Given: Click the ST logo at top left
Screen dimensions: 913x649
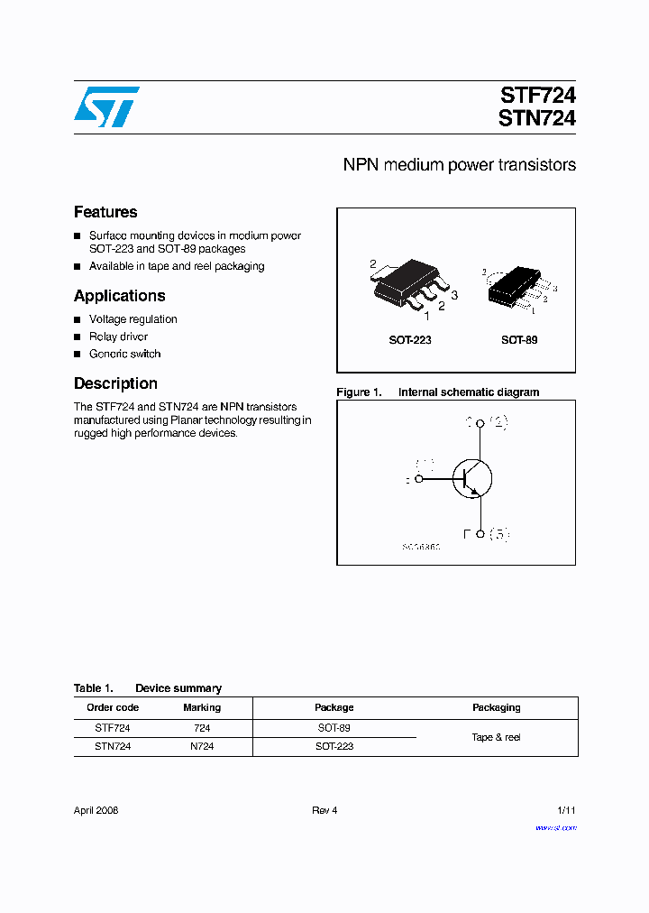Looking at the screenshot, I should [x=106, y=106].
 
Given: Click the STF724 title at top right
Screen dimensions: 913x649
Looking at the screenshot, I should [x=537, y=95].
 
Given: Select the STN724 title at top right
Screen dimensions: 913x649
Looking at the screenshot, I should [x=537, y=118].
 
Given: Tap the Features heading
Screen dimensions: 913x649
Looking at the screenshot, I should [x=105, y=212].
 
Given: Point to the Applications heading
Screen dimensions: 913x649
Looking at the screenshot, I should [x=119, y=296].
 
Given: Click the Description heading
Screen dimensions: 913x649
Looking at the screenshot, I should [x=115, y=383].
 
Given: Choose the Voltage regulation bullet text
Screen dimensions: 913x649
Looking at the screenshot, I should [x=133, y=319].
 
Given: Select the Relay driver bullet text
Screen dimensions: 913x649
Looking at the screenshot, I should [x=118, y=337].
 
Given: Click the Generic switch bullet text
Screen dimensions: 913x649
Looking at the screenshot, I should [x=124, y=354].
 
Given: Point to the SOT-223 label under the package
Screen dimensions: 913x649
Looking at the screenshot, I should [x=410, y=341].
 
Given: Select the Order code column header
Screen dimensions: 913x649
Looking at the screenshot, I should [x=113, y=707].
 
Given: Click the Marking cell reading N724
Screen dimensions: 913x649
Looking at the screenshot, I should [x=202, y=746].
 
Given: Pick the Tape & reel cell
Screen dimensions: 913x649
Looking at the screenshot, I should [x=496, y=737].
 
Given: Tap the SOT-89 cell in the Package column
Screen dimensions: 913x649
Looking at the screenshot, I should [x=334, y=727].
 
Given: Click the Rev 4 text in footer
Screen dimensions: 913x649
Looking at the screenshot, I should [x=324, y=810].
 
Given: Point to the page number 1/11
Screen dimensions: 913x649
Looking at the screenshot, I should [x=566, y=810].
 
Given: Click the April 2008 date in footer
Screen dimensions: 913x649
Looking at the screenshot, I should [x=96, y=810].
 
